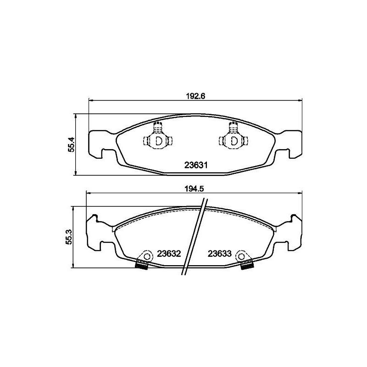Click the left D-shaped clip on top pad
pos(158,140)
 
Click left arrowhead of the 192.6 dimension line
pos(90,100)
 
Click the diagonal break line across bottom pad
pos(195,236)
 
